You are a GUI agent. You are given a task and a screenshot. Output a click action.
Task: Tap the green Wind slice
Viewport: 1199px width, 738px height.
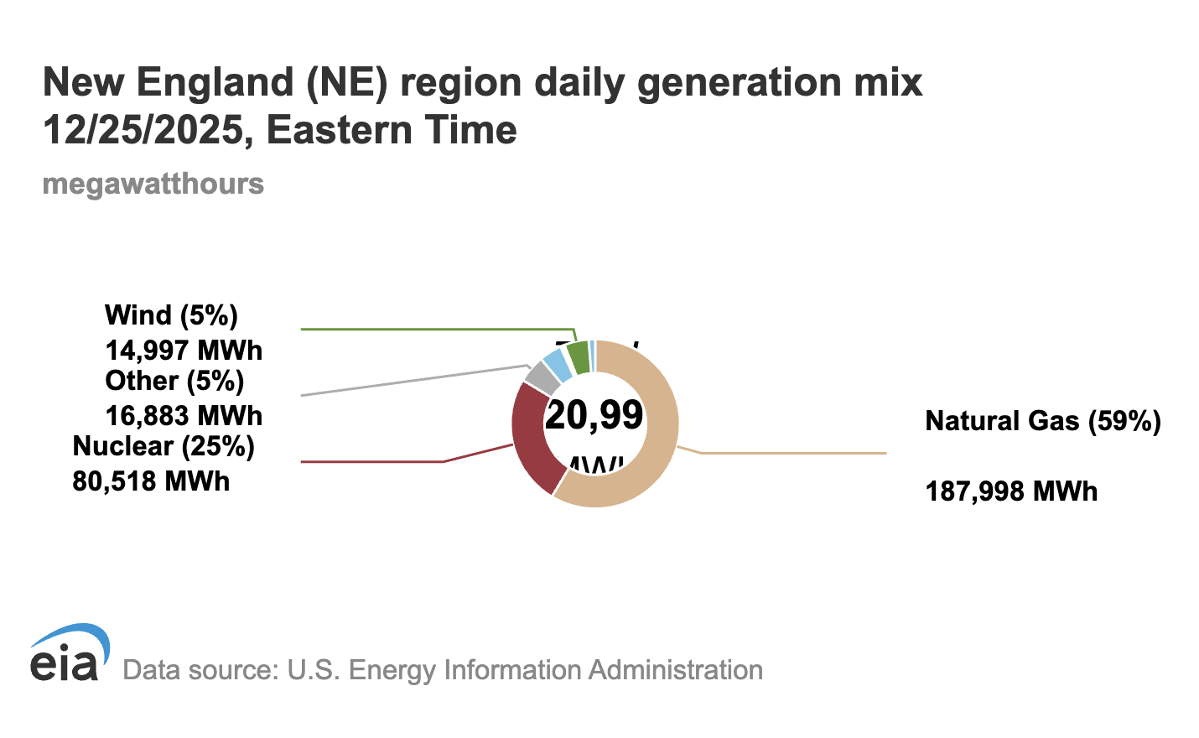[x=579, y=357]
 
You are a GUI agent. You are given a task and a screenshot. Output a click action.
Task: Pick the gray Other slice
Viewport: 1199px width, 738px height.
[x=542, y=378]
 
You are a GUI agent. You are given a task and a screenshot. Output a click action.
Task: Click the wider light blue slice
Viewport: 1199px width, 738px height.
[x=557, y=366]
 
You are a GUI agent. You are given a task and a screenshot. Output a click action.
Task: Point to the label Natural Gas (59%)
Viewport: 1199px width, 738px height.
[x=1042, y=421]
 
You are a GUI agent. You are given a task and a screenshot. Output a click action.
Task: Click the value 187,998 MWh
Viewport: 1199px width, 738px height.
[x=1011, y=491]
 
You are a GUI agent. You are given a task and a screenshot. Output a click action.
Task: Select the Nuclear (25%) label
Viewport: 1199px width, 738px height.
[x=163, y=446]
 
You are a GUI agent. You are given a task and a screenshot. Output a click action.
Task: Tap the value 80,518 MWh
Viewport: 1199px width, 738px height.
[x=151, y=481]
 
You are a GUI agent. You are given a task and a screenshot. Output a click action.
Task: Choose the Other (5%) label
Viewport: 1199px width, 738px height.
[x=174, y=381]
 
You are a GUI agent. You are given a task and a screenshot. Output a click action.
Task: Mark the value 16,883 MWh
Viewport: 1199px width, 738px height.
[x=184, y=416]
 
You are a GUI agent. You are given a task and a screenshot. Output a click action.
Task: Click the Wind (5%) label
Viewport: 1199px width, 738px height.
[x=171, y=315]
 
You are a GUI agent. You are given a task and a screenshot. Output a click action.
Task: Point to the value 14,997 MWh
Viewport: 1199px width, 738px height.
[x=184, y=351]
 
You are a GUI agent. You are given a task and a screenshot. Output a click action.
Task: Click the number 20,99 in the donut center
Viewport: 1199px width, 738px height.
[x=594, y=415]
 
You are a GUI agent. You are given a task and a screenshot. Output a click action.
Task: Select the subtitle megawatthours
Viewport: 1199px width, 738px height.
[x=153, y=184]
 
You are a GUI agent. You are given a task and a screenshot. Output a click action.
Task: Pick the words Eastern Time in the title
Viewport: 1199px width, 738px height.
[x=392, y=130]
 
